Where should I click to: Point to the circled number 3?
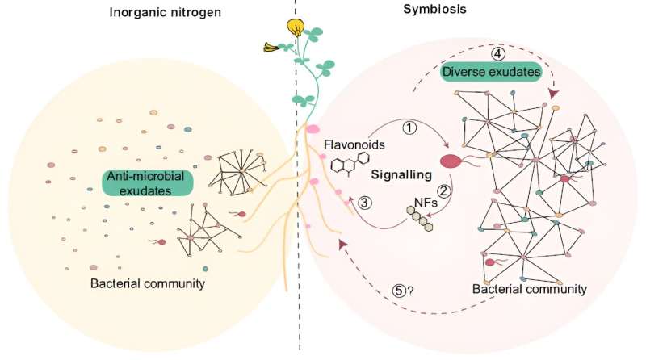point(365,202)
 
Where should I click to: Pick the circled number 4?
point(498,53)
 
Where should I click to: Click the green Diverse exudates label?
point(490,73)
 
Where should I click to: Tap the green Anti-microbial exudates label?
point(140,185)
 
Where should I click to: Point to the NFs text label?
point(425,203)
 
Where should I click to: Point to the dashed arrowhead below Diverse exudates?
point(553,95)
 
